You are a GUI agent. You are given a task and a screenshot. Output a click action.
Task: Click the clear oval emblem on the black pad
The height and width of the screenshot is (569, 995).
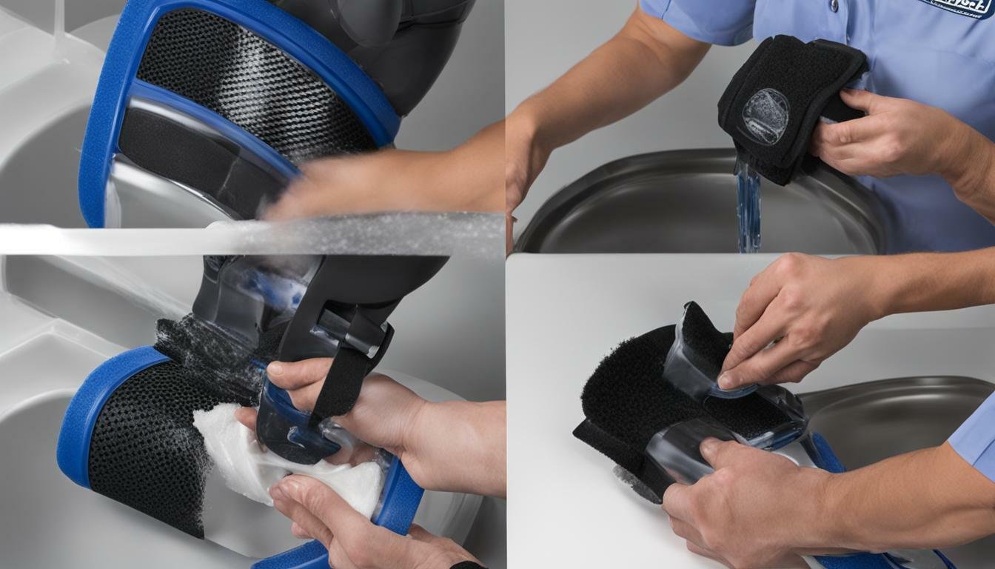765,116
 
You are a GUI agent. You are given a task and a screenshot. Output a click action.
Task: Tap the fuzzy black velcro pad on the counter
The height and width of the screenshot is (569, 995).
622,393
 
